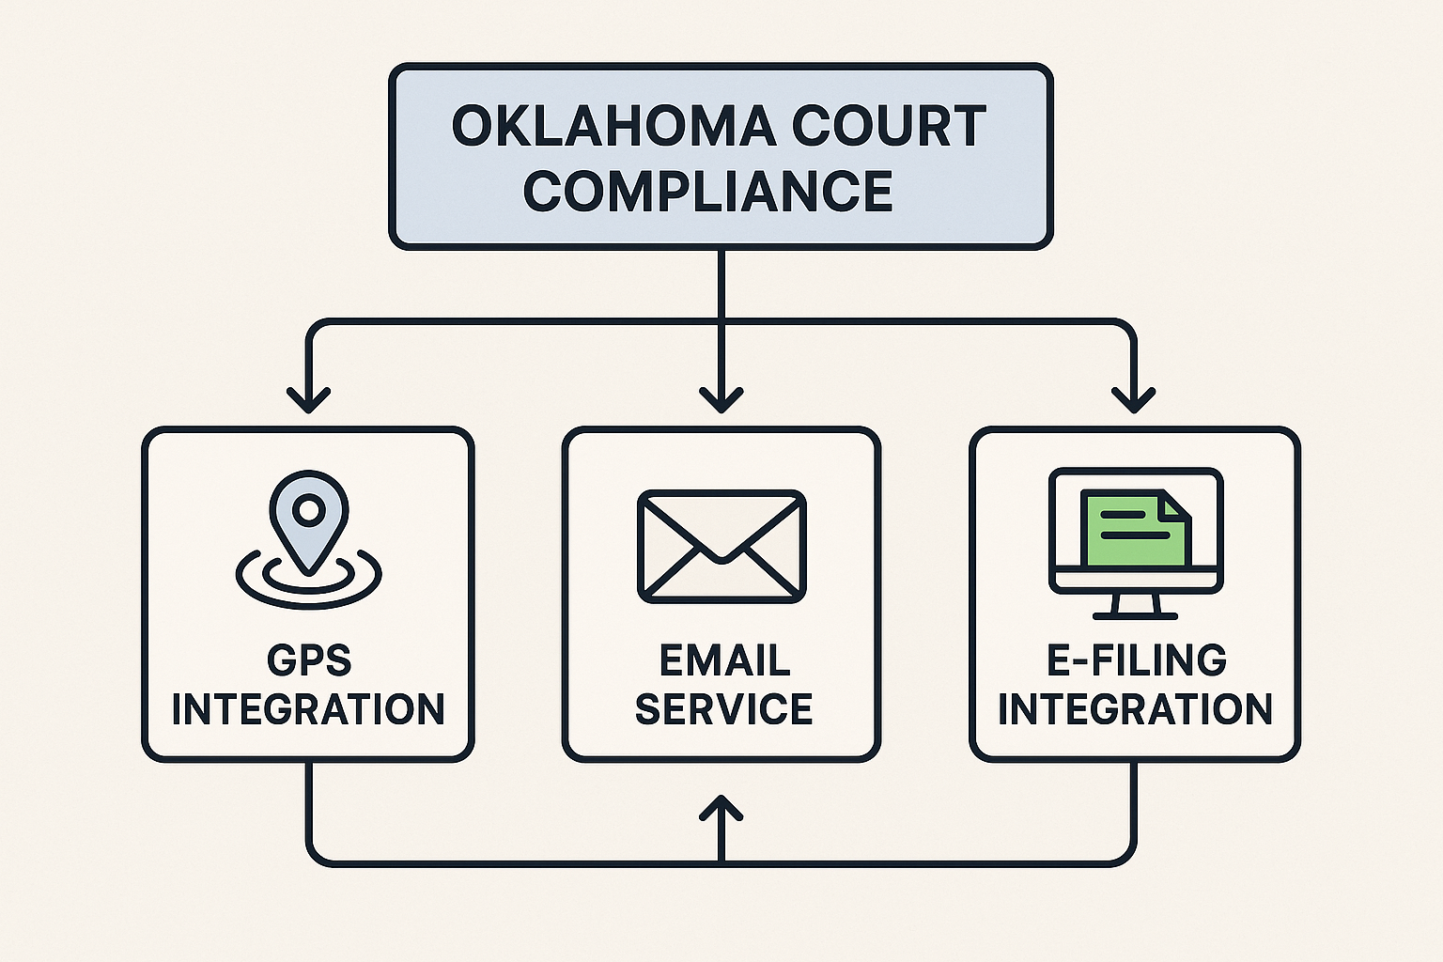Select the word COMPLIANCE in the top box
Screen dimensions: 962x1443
[707, 191]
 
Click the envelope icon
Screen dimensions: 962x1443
[721, 546]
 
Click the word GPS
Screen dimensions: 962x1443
[308, 660]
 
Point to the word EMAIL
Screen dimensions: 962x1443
[723, 660]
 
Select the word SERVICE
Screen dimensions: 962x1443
[723, 709]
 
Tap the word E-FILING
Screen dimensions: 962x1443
[1136, 660]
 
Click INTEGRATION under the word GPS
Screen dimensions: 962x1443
[308, 709]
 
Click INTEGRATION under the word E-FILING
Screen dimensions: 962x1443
[1135, 709]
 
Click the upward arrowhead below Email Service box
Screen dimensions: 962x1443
[721, 806]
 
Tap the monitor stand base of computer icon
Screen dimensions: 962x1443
[1135, 614]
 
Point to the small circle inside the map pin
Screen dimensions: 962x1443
[308, 510]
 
